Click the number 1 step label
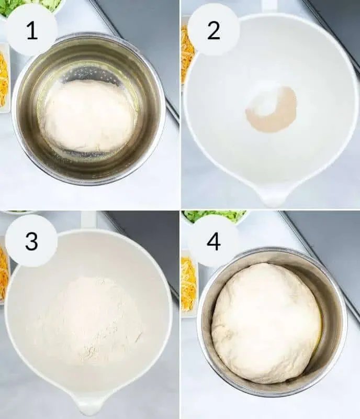32,31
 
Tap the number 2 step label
213,31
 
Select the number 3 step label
31,241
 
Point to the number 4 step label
213,241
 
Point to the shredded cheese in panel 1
4,80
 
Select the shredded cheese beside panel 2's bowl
186,53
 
